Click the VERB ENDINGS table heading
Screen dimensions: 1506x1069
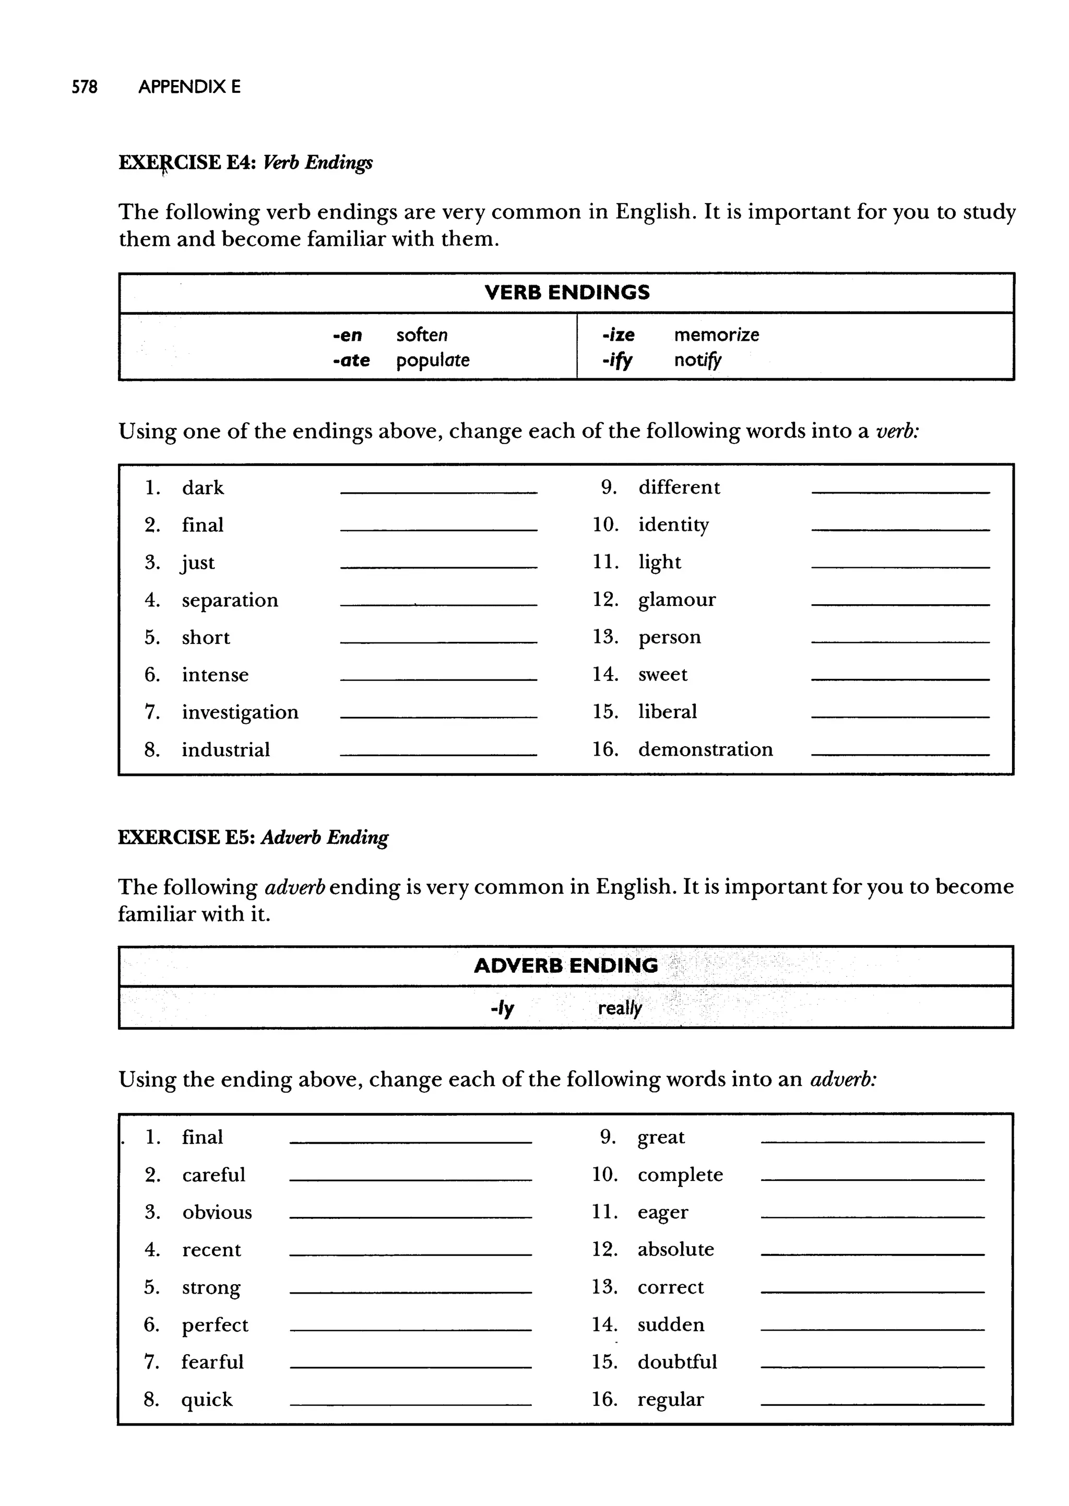coord(567,293)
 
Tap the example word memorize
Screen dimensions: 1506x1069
coord(716,335)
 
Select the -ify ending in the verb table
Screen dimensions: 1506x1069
coord(617,361)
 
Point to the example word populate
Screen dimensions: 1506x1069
coord(433,361)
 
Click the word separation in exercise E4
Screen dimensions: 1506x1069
coord(230,600)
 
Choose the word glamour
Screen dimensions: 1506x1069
coord(676,600)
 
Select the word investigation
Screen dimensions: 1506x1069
coord(240,712)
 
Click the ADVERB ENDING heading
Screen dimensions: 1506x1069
coord(565,966)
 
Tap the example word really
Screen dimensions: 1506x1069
coord(620,1008)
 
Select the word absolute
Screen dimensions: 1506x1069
coord(675,1249)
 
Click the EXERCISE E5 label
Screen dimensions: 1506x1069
coord(186,838)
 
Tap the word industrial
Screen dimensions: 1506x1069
coord(226,750)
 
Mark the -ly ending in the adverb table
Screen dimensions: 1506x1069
coord(502,1008)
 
